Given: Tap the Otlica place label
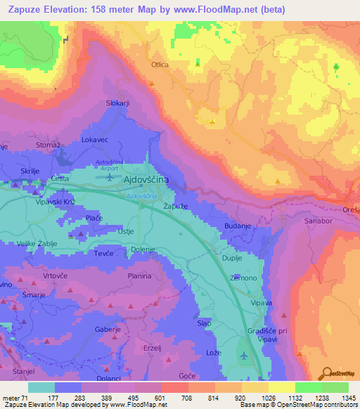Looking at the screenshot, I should [x=160, y=65].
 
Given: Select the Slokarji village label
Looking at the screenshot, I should [x=118, y=103].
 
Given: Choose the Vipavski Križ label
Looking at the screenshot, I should [x=56, y=201].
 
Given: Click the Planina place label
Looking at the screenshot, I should [x=140, y=276].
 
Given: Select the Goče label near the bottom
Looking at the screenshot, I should [x=188, y=377].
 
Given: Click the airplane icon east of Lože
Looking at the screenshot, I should [x=243, y=356].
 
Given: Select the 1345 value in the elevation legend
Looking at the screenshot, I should [x=348, y=398].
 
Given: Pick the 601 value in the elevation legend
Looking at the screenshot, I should [x=161, y=398].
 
